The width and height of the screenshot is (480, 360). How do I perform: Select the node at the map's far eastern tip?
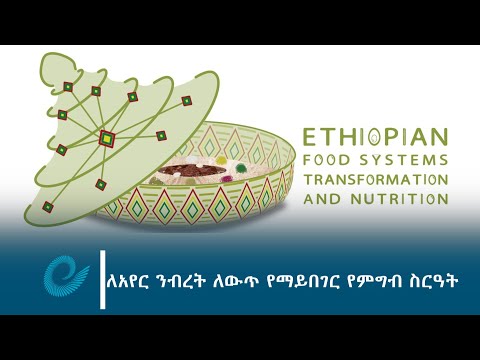coord(186,101)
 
